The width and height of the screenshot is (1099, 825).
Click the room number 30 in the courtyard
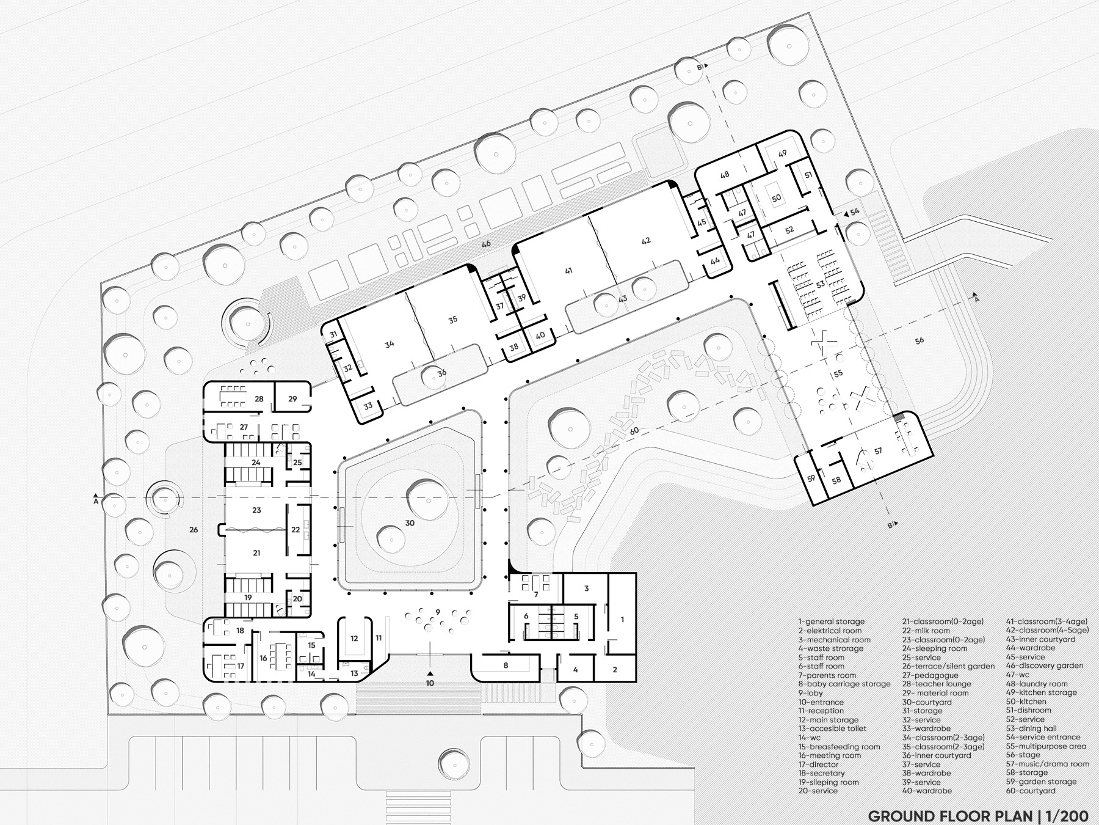(x=409, y=523)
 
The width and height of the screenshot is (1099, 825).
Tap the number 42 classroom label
(x=646, y=241)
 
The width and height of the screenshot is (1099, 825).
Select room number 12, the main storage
(x=354, y=639)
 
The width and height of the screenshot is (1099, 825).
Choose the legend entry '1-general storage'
(x=831, y=621)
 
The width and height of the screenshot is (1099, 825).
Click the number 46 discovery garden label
(x=486, y=244)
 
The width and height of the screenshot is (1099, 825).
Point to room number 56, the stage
(x=919, y=340)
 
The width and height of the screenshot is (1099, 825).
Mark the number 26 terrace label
(x=194, y=530)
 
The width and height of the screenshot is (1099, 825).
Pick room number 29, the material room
(x=292, y=399)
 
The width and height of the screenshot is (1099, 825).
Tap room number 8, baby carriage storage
(x=506, y=665)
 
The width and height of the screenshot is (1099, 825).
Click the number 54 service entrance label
(x=855, y=211)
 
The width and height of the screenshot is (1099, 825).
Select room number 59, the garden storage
(x=811, y=479)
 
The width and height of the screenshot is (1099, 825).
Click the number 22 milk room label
(x=296, y=530)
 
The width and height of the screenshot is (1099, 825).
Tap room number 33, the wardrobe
(x=368, y=406)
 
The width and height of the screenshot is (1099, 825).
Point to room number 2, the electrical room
(x=615, y=670)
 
